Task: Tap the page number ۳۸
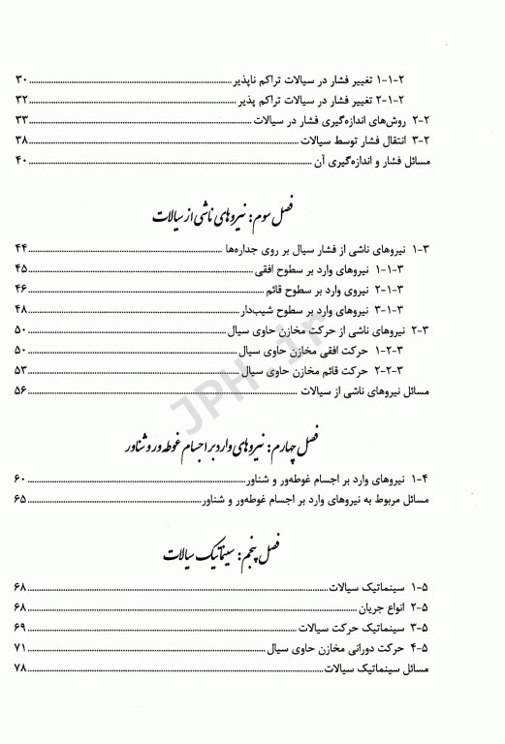24,142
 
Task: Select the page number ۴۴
24,250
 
